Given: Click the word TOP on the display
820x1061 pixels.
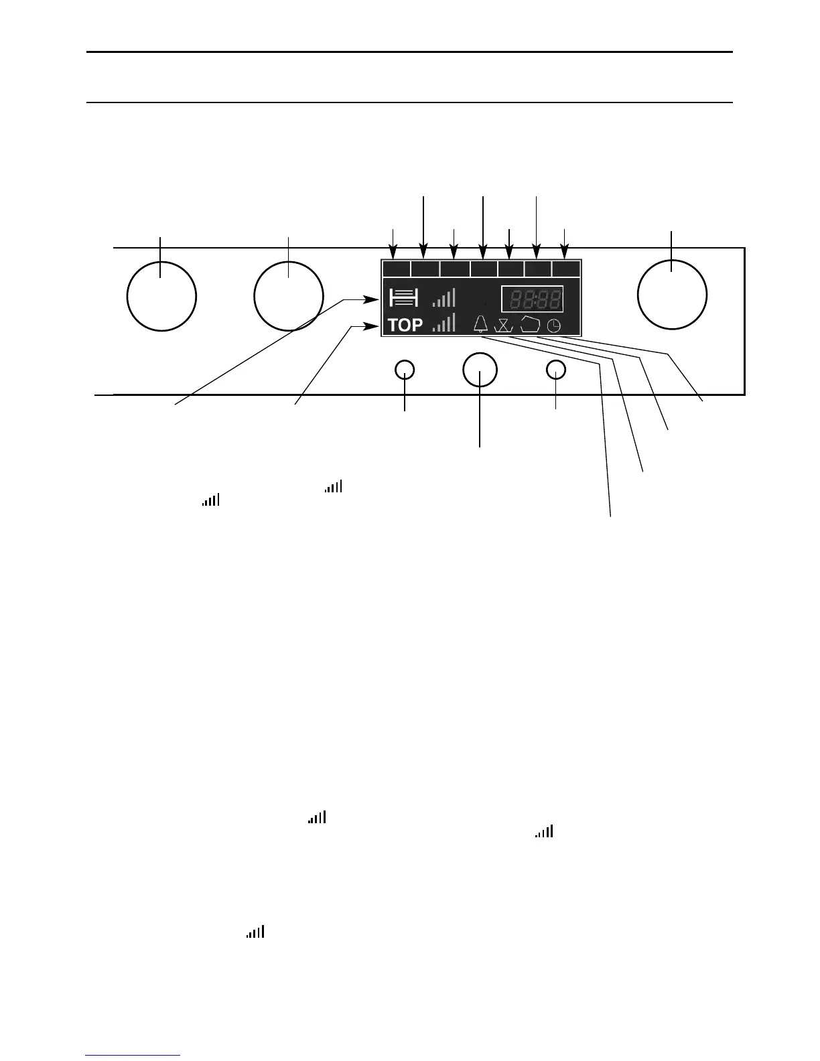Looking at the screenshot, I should click(x=405, y=326).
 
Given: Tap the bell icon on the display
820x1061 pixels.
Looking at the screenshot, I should click(x=481, y=324).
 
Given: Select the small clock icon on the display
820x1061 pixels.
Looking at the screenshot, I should click(x=555, y=326).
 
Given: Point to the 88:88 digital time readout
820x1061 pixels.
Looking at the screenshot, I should click(x=533, y=299).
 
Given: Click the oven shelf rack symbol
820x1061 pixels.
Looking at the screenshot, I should click(x=404, y=297).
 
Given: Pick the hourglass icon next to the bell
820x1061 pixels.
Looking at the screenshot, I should click(x=502, y=326).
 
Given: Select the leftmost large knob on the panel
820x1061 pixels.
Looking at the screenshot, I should click(x=161, y=296).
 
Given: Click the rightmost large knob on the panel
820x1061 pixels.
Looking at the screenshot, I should click(x=672, y=296).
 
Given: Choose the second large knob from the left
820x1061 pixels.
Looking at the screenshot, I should click(x=289, y=296).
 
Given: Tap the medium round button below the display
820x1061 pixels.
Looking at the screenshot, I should click(x=480, y=370).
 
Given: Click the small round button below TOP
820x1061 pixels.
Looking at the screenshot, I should click(x=405, y=370).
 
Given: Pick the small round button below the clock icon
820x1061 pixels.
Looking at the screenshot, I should click(x=556, y=370).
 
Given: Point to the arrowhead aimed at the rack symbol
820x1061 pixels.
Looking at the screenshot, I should click(x=374, y=299).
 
